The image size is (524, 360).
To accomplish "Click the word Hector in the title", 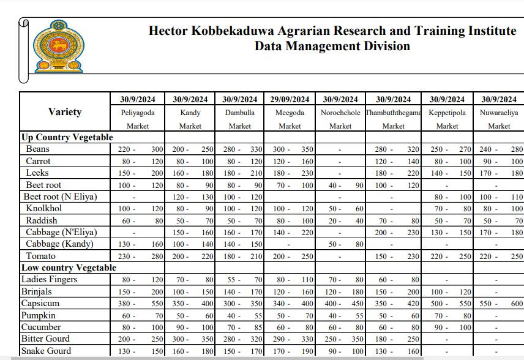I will coord(168,31).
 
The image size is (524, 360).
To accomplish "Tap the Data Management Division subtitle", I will coord(332,46).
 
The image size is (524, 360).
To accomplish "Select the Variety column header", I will coord(65,112).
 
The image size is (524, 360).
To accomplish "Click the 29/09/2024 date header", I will coord(290,99).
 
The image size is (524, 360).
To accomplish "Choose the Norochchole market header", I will coord(340,113).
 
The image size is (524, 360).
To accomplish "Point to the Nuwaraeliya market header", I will coord(499,113).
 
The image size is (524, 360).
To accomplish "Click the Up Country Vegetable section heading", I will coord(67,137).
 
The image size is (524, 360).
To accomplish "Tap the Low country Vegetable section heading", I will coord(69,268).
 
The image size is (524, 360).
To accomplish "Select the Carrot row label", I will coord(38,161).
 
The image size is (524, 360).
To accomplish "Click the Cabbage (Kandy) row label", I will coord(61,244).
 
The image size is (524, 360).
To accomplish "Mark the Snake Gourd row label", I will coord(46,351).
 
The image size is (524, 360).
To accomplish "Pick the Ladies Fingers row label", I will coord(49,279).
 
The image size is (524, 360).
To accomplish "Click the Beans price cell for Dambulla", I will coord(239,149).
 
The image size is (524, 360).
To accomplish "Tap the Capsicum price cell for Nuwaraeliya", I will coord(499,304).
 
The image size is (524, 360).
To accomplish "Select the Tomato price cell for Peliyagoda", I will coord(140,256).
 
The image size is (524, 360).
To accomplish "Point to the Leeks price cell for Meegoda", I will coord(290,173).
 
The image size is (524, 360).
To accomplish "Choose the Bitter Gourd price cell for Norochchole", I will coord(340,339).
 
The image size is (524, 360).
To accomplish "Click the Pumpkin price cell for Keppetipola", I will coord(447,315).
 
